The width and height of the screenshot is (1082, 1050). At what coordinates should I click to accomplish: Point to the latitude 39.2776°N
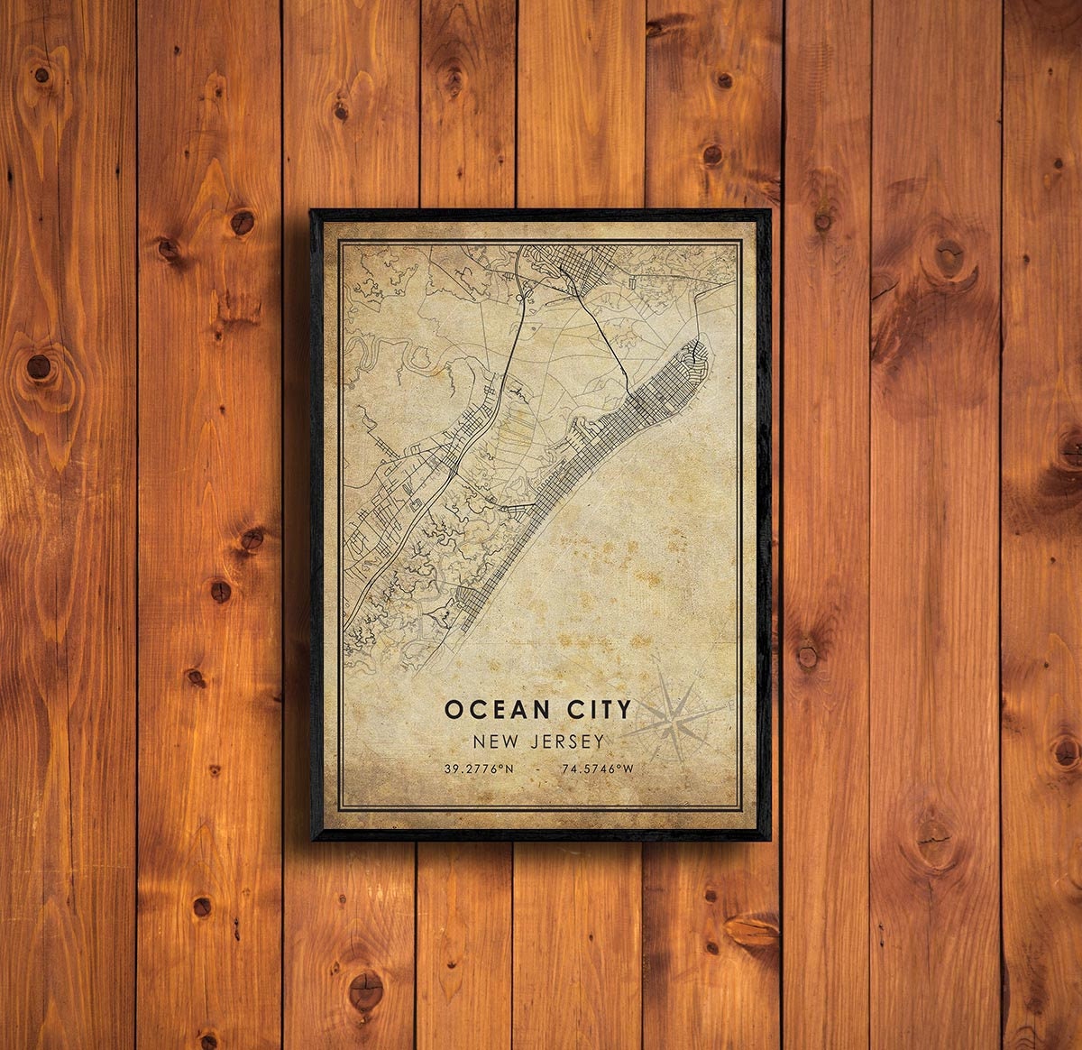click(x=478, y=769)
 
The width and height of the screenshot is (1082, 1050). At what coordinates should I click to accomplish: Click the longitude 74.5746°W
click(x=598, y=769)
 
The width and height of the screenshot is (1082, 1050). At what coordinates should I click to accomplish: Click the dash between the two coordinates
click(x=537, y=769)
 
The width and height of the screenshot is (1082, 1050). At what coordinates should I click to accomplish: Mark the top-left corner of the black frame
click(x=311, y=211)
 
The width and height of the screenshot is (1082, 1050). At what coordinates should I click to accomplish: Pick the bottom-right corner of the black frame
click(x=770, y=839)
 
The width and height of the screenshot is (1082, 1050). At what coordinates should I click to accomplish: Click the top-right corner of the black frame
click(x=770, y=211)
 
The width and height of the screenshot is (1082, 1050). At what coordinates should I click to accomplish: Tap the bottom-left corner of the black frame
click(x=312, y=839)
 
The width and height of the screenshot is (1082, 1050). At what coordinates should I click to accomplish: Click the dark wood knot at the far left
click(x=38, y=365)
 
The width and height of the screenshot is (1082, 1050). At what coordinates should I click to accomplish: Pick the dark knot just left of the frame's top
click(x=242, y=221)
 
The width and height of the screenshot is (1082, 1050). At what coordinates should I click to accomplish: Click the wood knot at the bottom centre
click(x=365, y=989)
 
